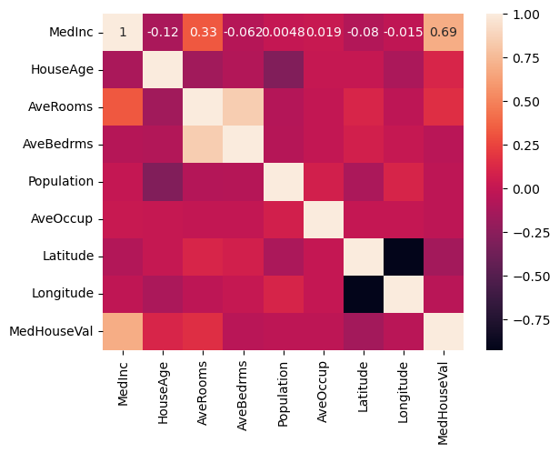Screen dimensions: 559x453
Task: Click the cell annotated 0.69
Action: click(444, 33)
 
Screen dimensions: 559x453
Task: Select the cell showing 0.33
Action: click(204, 33)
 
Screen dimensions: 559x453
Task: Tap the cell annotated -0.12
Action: click(163, 33)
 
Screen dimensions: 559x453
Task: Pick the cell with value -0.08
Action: click(364, 33)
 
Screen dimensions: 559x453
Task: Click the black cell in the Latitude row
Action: click(404, 257)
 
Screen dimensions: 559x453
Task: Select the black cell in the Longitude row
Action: click(364, 295)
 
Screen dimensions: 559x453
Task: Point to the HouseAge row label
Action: click(62, 69)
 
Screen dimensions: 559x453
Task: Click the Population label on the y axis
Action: click(61, 182)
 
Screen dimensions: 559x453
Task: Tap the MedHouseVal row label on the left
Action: click(51, 331)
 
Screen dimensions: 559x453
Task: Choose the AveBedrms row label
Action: click(58, 144)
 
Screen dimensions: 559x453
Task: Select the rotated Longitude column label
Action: click(403, 392)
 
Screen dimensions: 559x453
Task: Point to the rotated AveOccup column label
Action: click(322, 391)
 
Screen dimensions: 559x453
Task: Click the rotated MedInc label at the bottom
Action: click(123, 384)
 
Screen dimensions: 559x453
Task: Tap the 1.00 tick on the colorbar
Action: click(526, 15)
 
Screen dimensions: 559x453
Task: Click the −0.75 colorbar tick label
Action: click(532, 320)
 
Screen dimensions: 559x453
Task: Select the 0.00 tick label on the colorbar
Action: click(526, 189)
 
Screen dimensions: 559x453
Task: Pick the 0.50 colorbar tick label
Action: click(526, 102)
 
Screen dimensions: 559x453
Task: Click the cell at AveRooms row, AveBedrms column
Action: click(243, 107)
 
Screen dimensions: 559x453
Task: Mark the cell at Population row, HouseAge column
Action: click(163, 182)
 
